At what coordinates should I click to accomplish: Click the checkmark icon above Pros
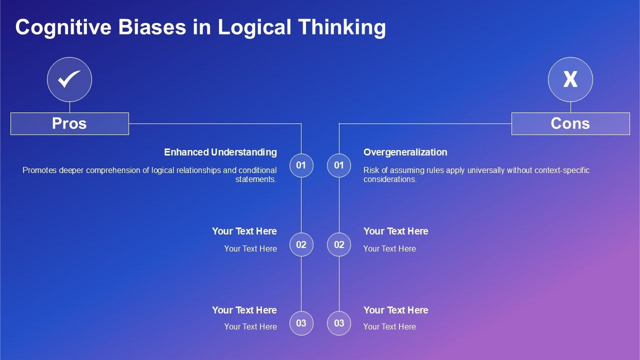(69, 79)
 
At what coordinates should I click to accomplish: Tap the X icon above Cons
(570, 79)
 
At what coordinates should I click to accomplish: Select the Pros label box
(69, 123)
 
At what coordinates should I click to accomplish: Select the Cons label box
(570, 123)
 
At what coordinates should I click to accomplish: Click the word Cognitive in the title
(63, 27)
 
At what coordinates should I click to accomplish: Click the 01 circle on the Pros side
(301, 165)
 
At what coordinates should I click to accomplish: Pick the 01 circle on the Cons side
(339, 165)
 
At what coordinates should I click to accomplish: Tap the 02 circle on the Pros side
(301, 244)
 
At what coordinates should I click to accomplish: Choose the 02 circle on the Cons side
(339, 244)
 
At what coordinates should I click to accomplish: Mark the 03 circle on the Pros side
(301, 323)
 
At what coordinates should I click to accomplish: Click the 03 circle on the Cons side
(339, 323)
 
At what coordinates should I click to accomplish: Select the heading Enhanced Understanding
(220, 152)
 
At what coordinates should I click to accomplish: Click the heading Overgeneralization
(405, 152)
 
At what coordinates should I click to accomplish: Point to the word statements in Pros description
(255, 179)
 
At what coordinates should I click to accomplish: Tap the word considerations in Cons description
(390, 179)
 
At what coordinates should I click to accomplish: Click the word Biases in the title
(152, 27)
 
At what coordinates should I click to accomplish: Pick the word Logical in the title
(254, 27)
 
